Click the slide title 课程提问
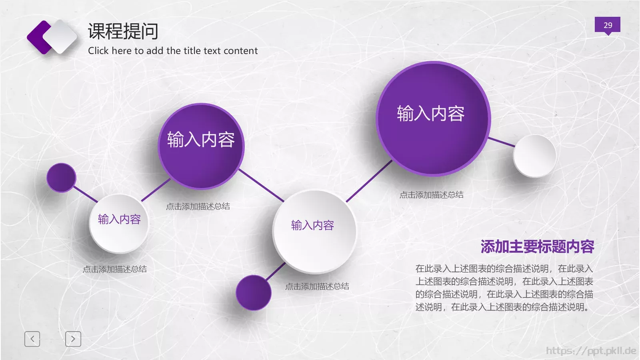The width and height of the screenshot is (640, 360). [x=123, y=31]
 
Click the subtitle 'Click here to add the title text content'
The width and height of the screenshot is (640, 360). [x=173, y=51]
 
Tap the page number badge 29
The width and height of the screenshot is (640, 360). [x=607, y=25]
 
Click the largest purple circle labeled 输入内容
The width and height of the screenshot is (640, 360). [x=433, y=118]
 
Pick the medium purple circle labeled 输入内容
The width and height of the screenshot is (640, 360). [x=201, y=146]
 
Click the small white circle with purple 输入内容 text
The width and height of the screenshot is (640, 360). [x=119, y=224]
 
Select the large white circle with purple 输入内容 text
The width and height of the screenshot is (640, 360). [x=314, y=231]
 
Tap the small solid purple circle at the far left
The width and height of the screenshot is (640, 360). [x=61, y=178]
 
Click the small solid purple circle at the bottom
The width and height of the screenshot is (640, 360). [x=254, y=293]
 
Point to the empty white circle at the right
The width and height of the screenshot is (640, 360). [x=534, y=156]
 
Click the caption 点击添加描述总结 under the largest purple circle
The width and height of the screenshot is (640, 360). [x=431, y=195]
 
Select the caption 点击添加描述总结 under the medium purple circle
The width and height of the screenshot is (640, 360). [x=198, y=206]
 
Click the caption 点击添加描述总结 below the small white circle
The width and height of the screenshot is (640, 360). [x=115, y=269]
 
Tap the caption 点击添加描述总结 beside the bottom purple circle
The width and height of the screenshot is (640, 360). [x=317, y=286]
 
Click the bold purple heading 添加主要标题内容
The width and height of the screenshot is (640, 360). [x=537, y=247]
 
